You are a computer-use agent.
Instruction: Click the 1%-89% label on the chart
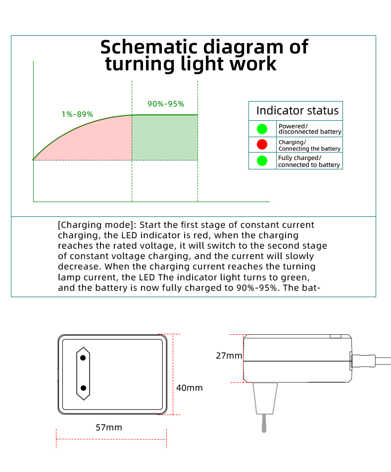click(x=77, y=114)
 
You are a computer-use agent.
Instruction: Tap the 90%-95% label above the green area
click(x=166, y=104)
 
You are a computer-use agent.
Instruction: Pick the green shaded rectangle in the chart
click(x=165, y=138)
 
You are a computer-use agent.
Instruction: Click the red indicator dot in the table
click(x=262, y=145)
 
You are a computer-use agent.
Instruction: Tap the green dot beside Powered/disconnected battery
click(x=262, y=129)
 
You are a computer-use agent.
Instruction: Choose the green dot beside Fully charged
click(x=262, y=161)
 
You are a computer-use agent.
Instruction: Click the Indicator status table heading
click(x=297, y=111)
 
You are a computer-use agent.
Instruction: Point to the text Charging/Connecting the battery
click(x=309, y=146)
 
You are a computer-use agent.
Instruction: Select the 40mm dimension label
click(x=189, y=388)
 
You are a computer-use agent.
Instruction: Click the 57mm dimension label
click(x=109, y=427)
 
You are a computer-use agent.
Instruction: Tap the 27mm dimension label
click(x=229, y=356)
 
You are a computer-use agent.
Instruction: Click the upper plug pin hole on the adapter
click(x=83, y=358)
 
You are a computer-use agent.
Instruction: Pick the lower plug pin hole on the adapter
click(x=84, y=388)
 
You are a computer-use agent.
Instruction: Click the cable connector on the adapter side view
click(x=363, y=361)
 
